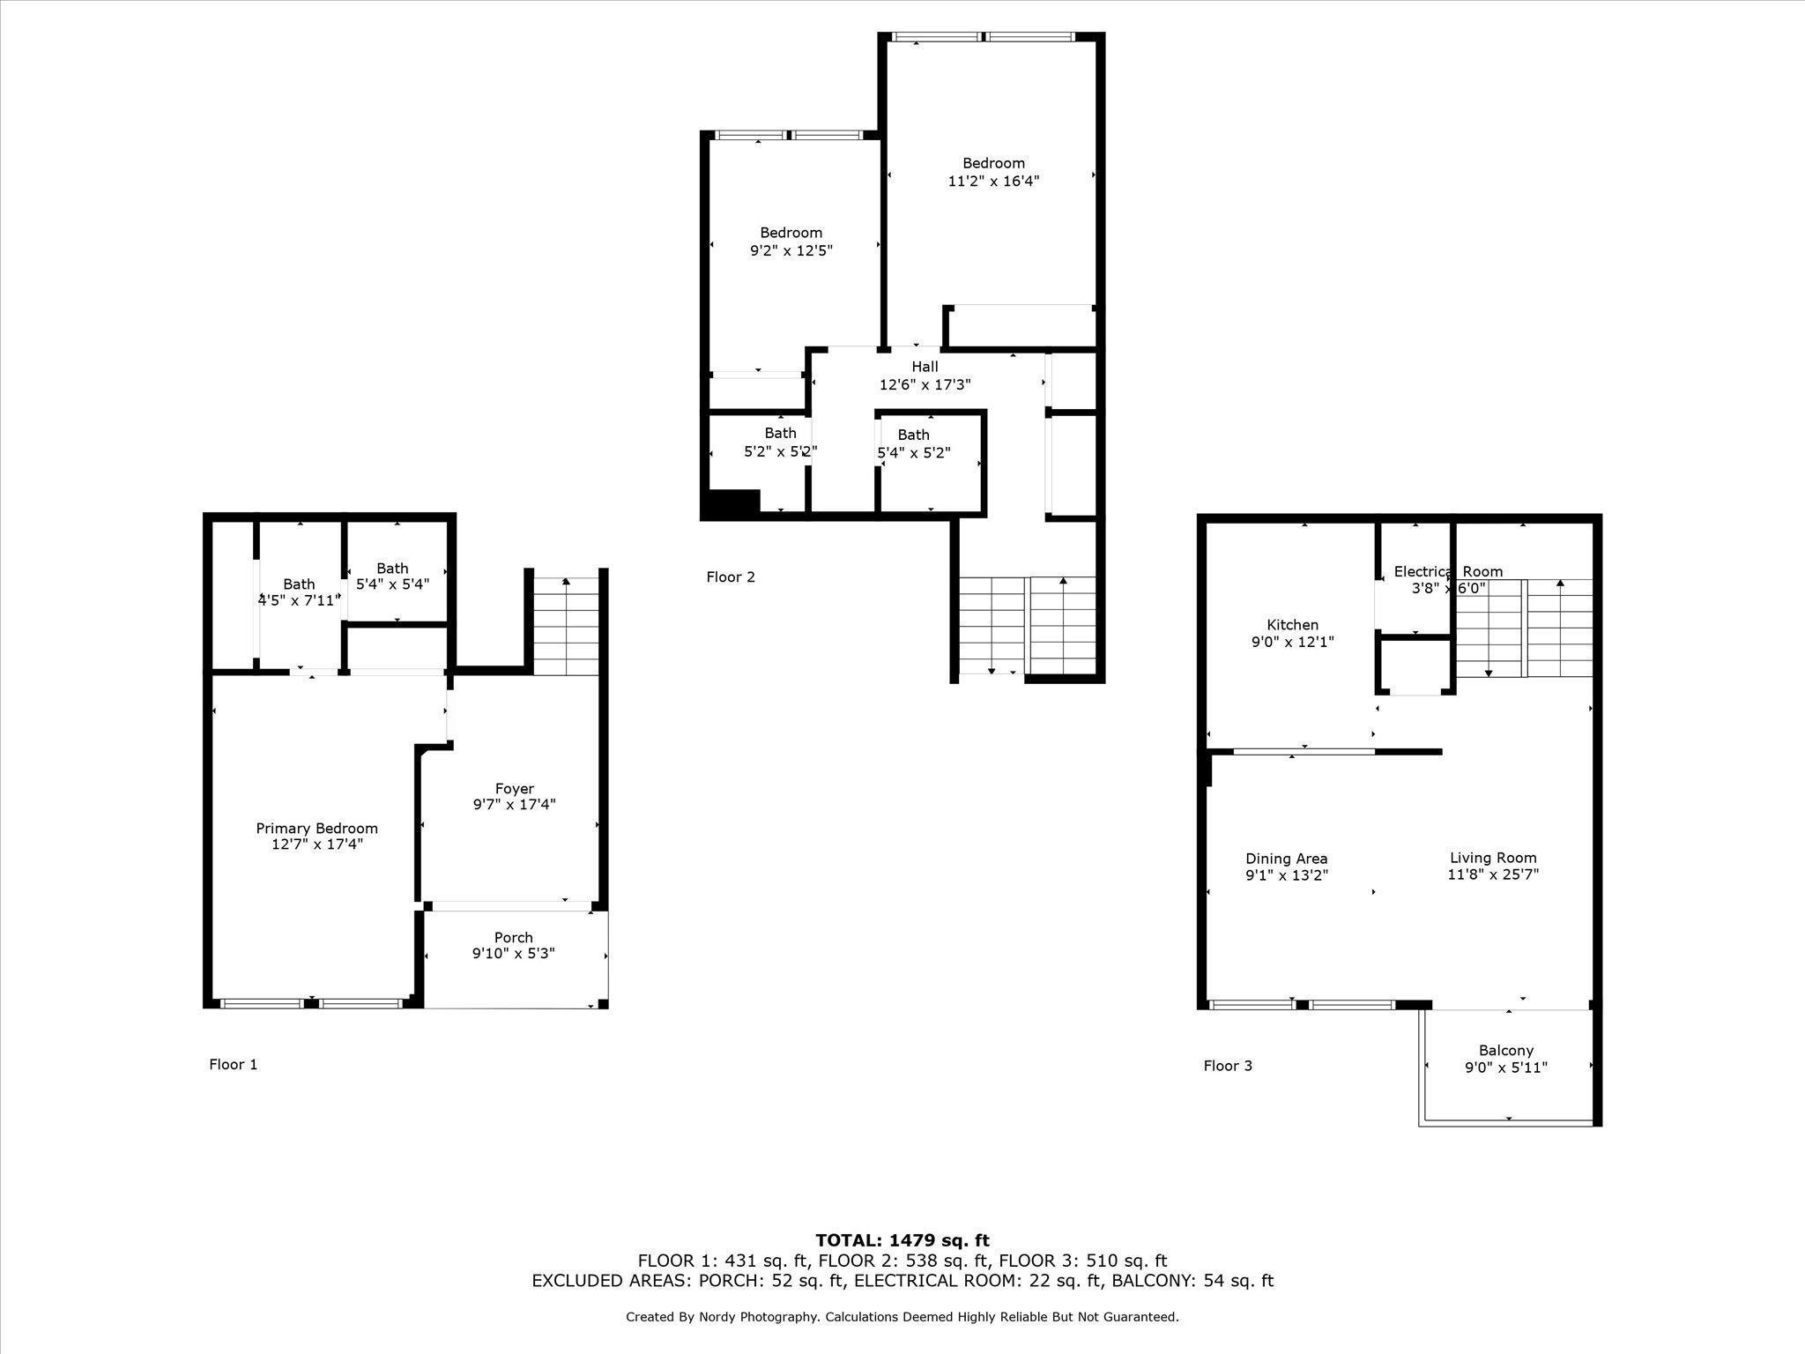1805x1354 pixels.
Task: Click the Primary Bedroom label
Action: [316, 829]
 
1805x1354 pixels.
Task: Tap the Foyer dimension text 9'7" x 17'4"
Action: [514, 805]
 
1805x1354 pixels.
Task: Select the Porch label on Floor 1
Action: [514, 938]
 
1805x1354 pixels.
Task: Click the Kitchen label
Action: [1293, 625]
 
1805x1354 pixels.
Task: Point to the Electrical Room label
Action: [1448, 571]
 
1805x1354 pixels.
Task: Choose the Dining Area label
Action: [1287, 859]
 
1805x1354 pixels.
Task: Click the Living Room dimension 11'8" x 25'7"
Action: [1493, 874]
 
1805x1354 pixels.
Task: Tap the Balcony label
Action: [1506, 1051]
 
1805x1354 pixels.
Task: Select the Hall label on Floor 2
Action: [925, 367]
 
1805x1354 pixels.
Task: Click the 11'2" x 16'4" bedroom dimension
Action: [994, 181]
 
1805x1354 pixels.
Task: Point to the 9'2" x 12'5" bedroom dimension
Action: [791, 250]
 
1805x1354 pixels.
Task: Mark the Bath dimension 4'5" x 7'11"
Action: [299, 601]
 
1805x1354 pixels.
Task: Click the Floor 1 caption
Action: [234, 1065]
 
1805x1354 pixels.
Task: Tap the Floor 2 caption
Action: [731, 577]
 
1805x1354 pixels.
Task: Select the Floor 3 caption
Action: [1228, 1067]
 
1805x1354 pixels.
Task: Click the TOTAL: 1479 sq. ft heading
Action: [902, 1241]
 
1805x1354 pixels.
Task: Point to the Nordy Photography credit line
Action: [902, 1317]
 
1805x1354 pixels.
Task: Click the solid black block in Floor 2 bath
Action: [731, 502]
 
